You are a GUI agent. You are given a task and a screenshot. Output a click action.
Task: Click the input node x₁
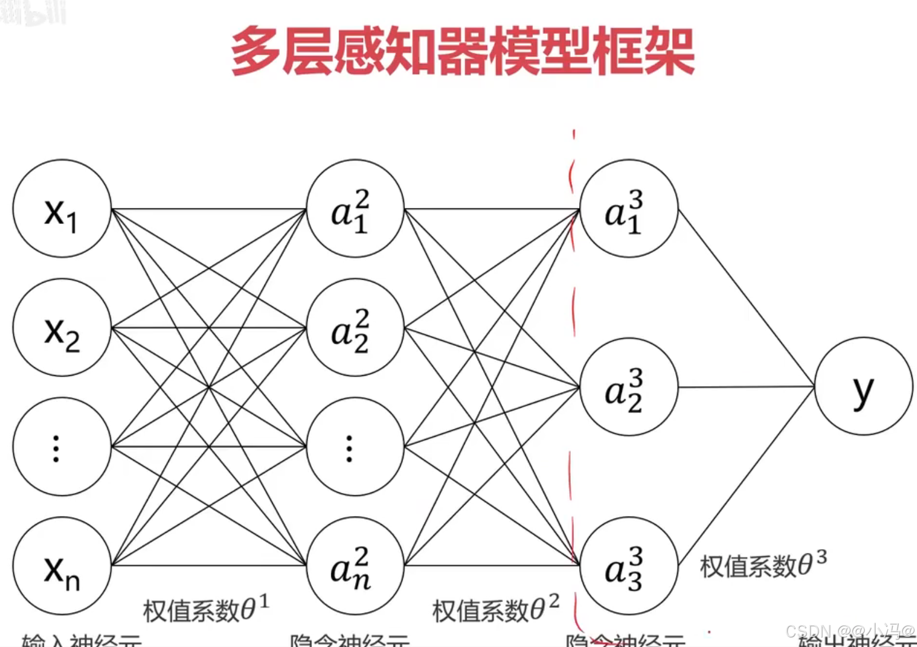click(62, 209)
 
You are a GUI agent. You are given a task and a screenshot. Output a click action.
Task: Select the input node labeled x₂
click(62, 328)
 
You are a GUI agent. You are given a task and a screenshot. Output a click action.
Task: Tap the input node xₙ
click(62, 565)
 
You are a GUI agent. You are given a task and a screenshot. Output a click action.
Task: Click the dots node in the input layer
click(62, 446)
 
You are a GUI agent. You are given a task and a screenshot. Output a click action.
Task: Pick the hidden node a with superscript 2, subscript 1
click(355, 209)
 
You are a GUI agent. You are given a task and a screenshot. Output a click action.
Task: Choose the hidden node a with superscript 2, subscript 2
click(355, 328)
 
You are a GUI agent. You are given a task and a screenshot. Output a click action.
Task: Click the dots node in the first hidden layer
click(355, 446)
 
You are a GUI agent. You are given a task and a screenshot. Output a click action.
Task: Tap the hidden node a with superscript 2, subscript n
click(355, 565)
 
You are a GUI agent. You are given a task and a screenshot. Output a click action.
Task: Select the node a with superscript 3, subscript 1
click(629, 209)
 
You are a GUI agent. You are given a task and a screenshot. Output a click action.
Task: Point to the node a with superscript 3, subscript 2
click(629, 387)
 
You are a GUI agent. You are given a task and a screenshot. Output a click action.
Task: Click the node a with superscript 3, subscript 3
click(629, 565)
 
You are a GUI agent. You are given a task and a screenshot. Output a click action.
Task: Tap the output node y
click(864, 387)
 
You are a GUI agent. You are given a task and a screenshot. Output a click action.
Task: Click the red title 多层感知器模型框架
click(462, 51)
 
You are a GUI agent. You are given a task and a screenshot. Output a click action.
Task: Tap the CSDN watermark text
click(850, 631)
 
